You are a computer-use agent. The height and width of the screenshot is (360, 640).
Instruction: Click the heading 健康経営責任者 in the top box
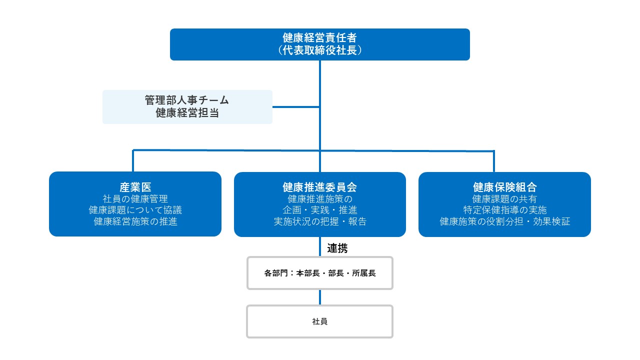[x=319, y=37]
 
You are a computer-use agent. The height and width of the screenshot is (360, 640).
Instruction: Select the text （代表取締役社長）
[x=319, y=50]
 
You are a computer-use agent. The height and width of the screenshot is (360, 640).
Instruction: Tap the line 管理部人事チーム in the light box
[x=187, y=100]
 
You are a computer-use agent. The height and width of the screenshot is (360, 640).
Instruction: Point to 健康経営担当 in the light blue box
[x=187, y=113]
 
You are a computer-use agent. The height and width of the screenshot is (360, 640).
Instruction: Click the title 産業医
[x=135, y=187]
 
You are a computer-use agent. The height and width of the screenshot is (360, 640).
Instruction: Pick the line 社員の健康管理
[x=135, y=199]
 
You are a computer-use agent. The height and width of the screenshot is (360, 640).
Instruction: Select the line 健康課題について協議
[x=135, y=210]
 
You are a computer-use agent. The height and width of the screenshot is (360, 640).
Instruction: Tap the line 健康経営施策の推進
[x=135, y=221]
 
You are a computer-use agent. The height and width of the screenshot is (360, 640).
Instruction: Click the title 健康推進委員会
[x=319, y=187]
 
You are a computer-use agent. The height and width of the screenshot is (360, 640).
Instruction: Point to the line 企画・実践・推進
[x=319, y=210]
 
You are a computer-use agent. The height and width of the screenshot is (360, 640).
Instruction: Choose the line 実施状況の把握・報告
[x=319, y=221]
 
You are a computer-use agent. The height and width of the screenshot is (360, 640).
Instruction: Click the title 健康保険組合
[x=505, y=187]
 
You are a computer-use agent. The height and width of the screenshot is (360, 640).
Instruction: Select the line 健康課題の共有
[x=505, y=199]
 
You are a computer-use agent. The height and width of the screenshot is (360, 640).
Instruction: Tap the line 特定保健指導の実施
[x=505, y=210]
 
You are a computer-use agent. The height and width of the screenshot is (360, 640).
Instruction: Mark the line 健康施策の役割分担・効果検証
[x=505, y=221]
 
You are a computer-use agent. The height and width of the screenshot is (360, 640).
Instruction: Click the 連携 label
[x=337, y=248]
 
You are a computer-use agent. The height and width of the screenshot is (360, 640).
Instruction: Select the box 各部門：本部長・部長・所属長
[x=319, y=273]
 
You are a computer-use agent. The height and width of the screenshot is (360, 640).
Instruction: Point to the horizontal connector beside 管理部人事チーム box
[x=296, y=107]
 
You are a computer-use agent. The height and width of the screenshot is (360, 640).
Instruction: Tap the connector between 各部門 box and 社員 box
[x=319, y=297]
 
